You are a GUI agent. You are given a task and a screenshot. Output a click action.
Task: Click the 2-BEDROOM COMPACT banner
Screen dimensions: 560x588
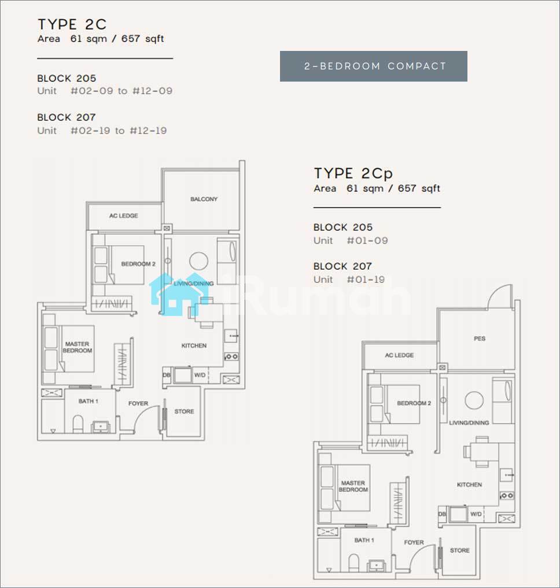click(373, 67)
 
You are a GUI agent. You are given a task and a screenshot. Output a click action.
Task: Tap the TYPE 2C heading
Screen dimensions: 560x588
click(72, 25)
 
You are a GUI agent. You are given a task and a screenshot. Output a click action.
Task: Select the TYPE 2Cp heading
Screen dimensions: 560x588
click(353, 174)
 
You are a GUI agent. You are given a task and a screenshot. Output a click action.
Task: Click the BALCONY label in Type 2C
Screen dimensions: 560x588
click(204, 199)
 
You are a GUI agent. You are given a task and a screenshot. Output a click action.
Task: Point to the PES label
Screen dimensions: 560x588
click(480, 339)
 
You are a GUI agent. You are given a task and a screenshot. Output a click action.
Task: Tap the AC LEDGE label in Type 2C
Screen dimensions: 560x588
click(124, 216)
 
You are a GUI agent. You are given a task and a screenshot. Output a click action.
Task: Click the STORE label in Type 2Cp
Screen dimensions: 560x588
click(459, 550)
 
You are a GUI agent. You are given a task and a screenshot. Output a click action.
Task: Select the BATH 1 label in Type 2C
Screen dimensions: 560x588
click(89, 401)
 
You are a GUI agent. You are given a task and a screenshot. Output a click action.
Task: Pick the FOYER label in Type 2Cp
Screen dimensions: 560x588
click(414, 543)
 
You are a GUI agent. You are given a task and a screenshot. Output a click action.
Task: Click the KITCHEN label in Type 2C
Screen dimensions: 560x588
click(194, 346)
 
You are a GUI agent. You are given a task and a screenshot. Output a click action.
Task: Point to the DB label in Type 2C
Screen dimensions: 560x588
click(167, 375)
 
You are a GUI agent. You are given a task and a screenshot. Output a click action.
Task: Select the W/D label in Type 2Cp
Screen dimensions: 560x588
click(476, 514)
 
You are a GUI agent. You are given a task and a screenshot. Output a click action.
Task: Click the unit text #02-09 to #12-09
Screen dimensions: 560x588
click(121, 91)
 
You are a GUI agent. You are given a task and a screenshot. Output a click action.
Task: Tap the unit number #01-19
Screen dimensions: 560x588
click(366, 280)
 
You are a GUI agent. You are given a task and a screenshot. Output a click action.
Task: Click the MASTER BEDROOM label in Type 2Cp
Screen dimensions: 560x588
click(353, 486)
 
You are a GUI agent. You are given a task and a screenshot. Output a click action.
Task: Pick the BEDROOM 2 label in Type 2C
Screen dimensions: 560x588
click(138, 264)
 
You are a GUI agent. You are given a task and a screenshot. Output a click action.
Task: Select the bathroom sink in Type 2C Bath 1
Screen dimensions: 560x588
click(101, 427)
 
